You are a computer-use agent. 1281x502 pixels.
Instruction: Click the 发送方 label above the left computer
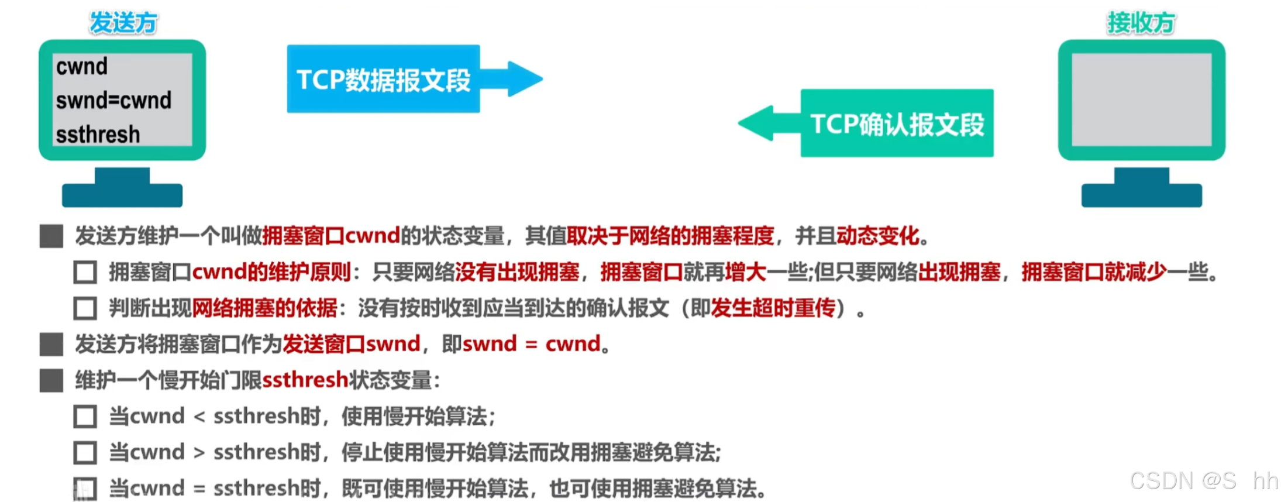(123, 23)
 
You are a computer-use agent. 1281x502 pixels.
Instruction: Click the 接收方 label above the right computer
(1141, 23)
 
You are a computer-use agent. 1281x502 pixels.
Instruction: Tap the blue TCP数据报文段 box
(383, 79)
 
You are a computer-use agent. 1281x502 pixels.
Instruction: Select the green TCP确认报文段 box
(897, 123)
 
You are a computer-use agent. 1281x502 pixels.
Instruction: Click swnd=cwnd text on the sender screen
(113, 101)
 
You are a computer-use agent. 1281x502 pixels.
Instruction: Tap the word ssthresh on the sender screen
(98, 135)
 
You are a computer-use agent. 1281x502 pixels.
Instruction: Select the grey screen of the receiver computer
(1141, 99)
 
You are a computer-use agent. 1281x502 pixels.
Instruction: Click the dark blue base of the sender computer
(122, 194)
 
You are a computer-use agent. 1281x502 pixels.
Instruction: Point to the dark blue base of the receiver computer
(1141, 194)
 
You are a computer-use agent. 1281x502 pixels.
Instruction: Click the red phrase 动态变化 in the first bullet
(877, 236)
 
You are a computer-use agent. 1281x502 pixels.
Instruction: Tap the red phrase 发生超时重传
(773, 308)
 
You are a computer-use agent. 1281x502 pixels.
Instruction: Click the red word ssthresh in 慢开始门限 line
(305, 380)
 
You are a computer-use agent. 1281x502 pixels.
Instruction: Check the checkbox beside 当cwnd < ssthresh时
(85, 417)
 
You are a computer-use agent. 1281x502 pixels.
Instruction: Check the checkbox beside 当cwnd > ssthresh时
(85, 453)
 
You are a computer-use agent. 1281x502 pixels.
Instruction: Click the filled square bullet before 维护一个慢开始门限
(51, 380)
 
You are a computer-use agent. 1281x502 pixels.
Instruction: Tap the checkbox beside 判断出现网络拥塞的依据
(85, 308)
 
